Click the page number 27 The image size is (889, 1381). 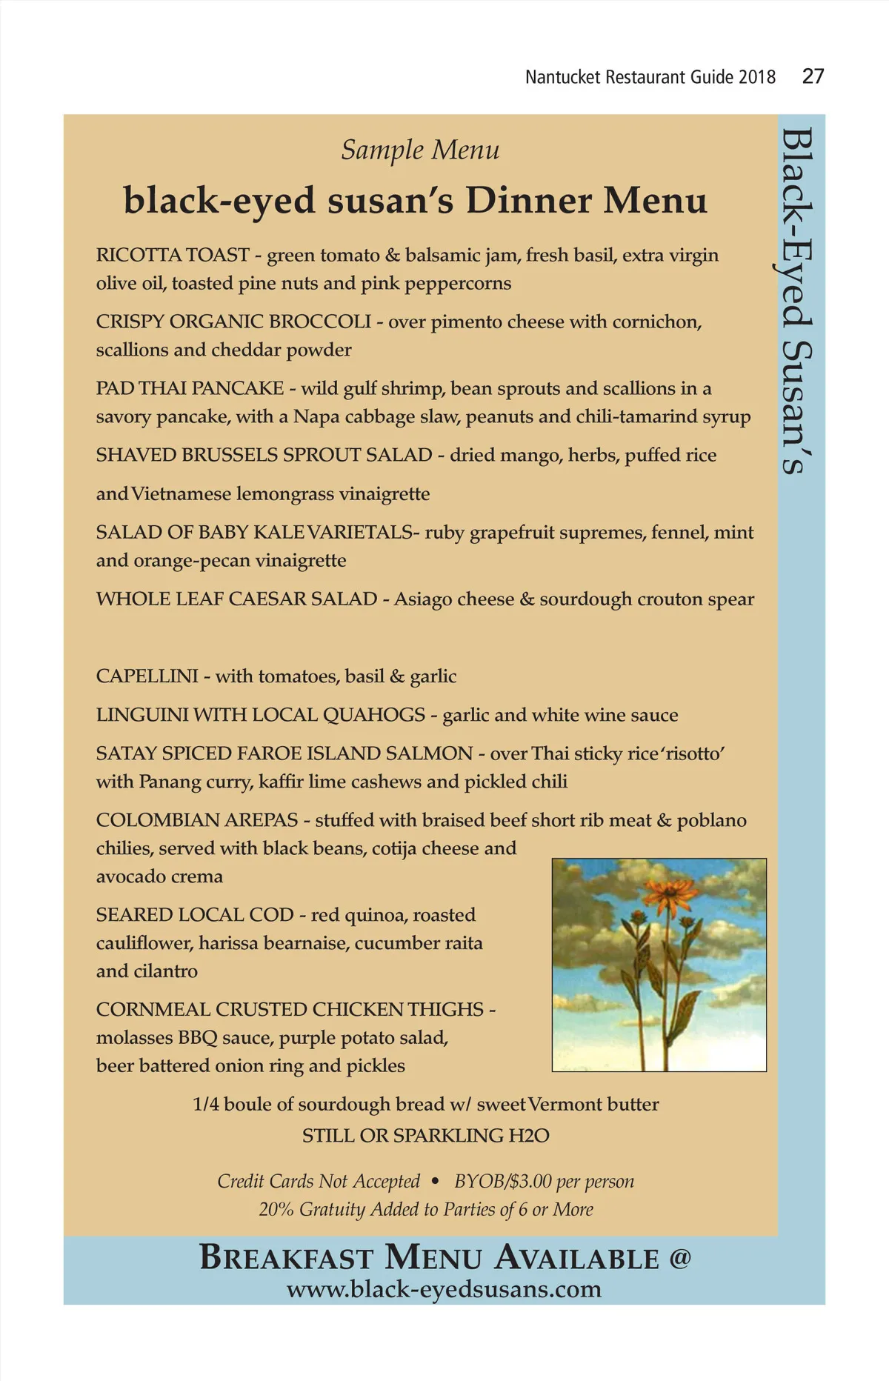click(813, 76)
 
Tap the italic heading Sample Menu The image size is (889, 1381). click(420, 150)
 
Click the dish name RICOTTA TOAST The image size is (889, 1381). click(173, 255)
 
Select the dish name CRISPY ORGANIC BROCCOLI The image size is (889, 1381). click(233, 322)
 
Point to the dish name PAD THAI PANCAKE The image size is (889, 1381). click(190, 388)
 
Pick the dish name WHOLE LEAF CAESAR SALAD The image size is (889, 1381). click(236, 599)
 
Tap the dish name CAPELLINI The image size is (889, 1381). click(147, 676)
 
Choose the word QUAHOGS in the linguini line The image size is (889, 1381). click(374, 715)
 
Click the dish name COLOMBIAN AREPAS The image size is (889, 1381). click(196, 820)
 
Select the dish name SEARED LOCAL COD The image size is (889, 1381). click(195, 915)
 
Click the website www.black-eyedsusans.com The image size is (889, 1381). click(444, 1289)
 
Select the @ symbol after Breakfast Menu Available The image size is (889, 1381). click(680, 1258)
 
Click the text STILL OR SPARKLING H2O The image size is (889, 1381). click(425, 1135)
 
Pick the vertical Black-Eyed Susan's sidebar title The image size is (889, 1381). click(797, 300)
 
